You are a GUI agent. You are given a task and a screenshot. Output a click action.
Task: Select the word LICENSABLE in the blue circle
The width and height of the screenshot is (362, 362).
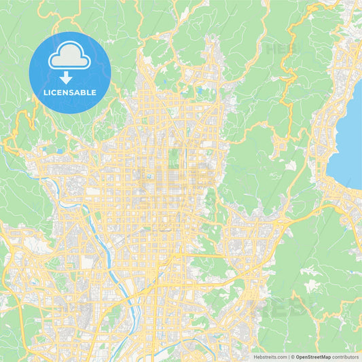[x=70, y=91]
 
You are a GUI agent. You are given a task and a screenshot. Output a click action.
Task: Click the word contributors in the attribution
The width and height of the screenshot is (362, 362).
[x=345, y=357]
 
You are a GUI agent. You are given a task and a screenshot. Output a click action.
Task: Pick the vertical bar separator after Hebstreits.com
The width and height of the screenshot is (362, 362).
[x=288, y=357]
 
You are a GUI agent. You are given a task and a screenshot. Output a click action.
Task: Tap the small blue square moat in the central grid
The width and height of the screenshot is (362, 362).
[x=149, y=177]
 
